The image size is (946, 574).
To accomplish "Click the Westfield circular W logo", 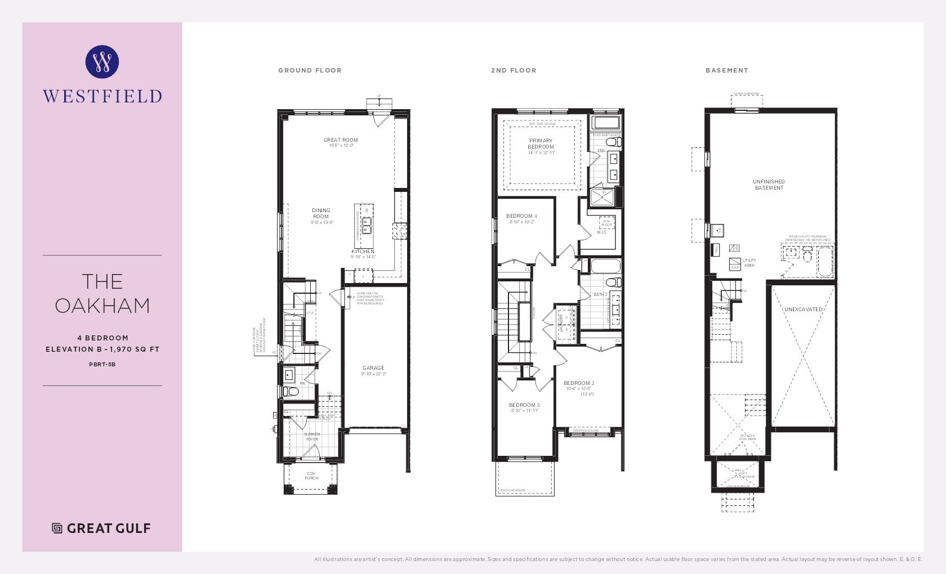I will (x=102, y=61).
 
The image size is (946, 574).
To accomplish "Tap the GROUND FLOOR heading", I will (x=310, y=70).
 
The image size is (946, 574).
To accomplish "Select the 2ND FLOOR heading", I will (x=513, y=70).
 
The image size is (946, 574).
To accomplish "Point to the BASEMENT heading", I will (x=726, y=70).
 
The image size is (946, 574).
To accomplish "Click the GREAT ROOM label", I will (x=340, y=140).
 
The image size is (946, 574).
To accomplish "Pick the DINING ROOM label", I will (x=321, y=213).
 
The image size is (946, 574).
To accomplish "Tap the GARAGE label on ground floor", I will (x=373, y=368).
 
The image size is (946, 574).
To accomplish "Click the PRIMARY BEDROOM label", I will (x=541, y=143).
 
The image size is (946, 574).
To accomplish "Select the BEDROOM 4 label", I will (x=521, y=216).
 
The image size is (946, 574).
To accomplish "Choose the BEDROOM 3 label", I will (x=524, y=405).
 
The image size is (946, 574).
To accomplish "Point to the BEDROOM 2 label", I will (x=579, y=383).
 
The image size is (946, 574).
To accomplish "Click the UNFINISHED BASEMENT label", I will (x=769, y=185).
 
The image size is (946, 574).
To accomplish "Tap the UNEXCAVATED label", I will (x=803, y=310).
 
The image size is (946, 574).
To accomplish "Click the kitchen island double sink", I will (x=367, y=226).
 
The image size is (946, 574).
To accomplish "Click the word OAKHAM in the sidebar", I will (x=102, y=306).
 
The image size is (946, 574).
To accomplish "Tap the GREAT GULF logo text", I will (x=108, y=528).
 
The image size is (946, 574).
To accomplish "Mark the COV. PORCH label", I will (x=311, y=476).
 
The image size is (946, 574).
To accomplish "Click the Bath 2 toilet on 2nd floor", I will (x=612, y=282).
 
